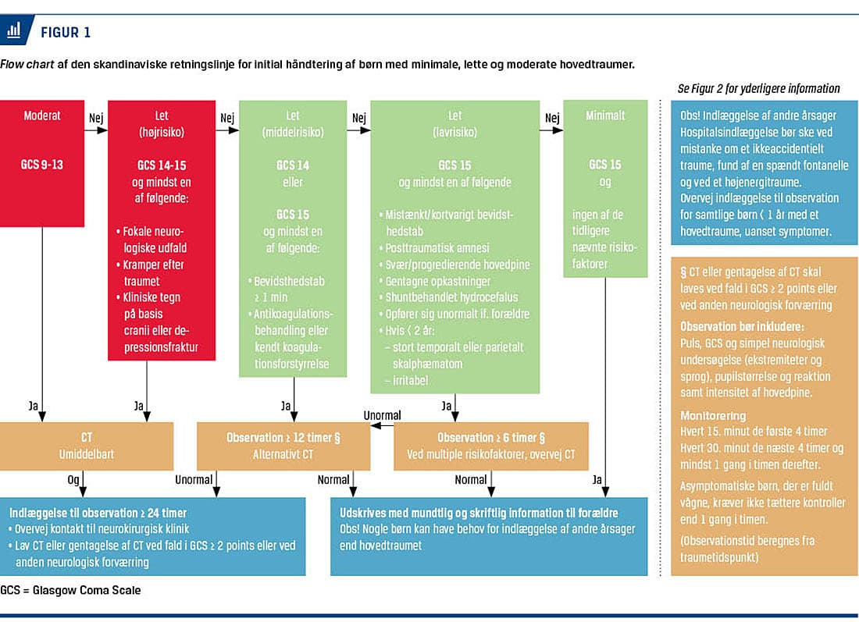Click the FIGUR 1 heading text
[66, 32]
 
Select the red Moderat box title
[42, 116]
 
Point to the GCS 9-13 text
[42, 165]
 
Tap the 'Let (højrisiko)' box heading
[162, 123]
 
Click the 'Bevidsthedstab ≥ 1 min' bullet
[291, 288]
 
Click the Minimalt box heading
[605, 116]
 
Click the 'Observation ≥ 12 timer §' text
[282, 438]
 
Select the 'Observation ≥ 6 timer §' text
[491, 438]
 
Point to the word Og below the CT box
[73, 481]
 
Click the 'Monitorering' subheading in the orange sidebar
[713, 416]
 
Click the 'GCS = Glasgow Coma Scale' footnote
[71, 591]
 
